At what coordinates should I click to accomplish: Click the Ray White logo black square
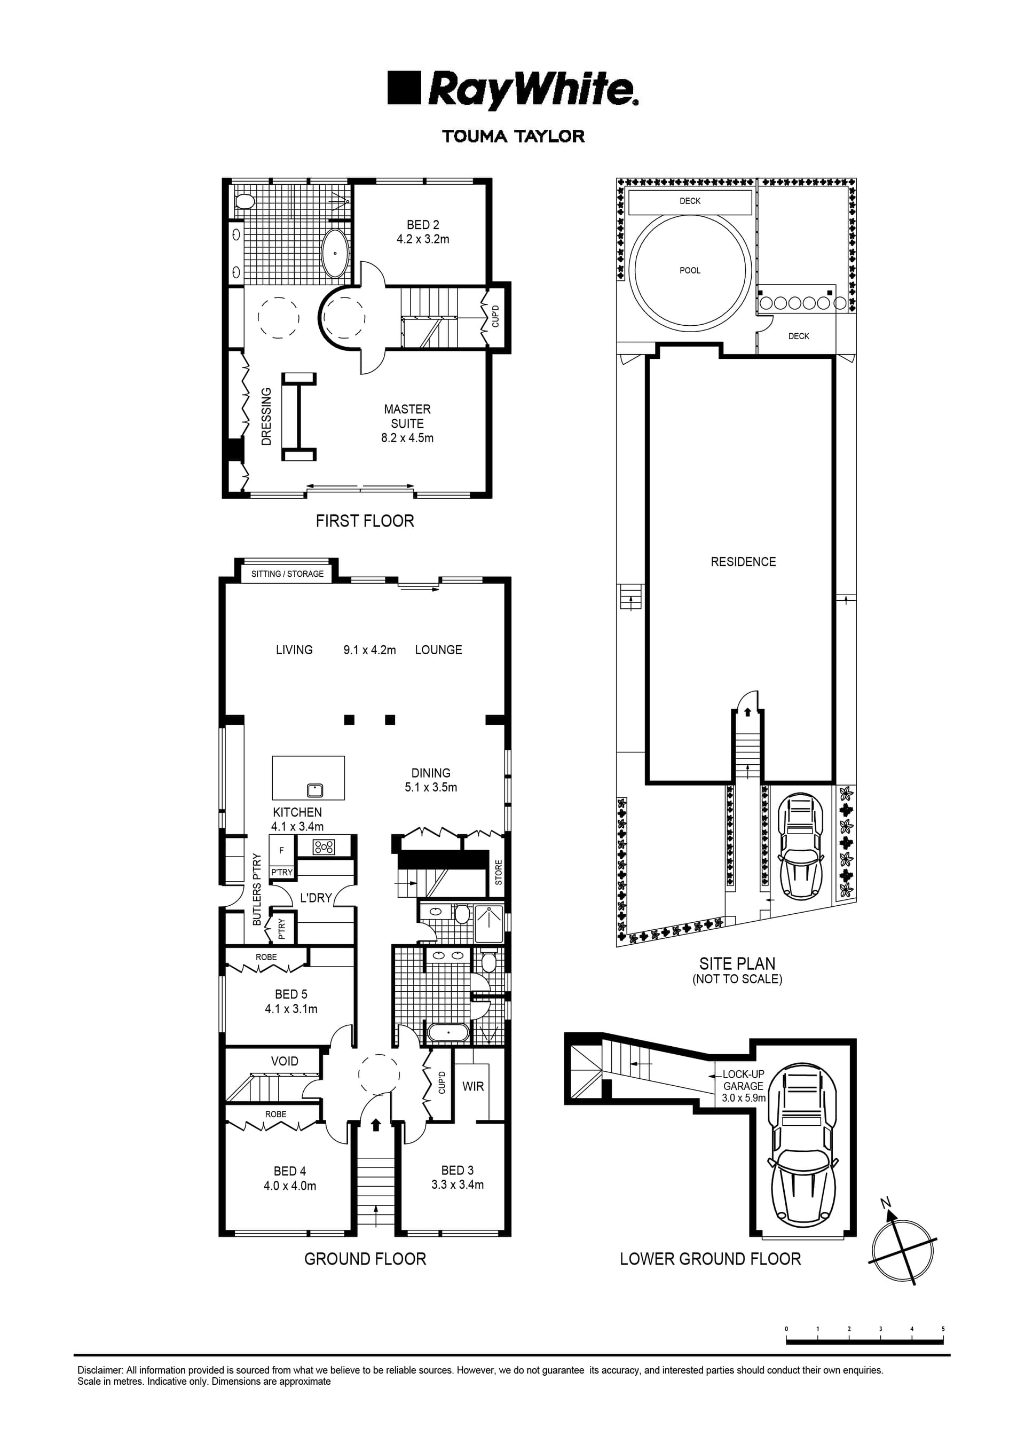(404, 87)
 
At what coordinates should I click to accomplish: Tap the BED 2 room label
(423, 225)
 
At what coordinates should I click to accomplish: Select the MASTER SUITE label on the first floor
(407, 417)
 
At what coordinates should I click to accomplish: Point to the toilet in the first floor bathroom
(244, 201)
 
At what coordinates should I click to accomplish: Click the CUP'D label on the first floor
(495, 316)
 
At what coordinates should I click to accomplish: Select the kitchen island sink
(314, 790)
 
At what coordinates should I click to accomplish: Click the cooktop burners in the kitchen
(324, 847)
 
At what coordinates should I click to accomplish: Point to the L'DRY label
(316, 897)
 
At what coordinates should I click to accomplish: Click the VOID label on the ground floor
(285, 1061)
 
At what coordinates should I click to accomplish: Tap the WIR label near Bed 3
(472, 1086)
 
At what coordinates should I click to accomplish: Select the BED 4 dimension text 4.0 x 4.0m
(289, 1186)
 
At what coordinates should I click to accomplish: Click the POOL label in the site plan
(689, 270)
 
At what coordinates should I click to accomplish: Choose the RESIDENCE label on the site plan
(743, 562)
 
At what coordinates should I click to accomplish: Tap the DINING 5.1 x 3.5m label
(431, 780)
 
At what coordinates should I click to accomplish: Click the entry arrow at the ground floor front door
(375, 1124)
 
